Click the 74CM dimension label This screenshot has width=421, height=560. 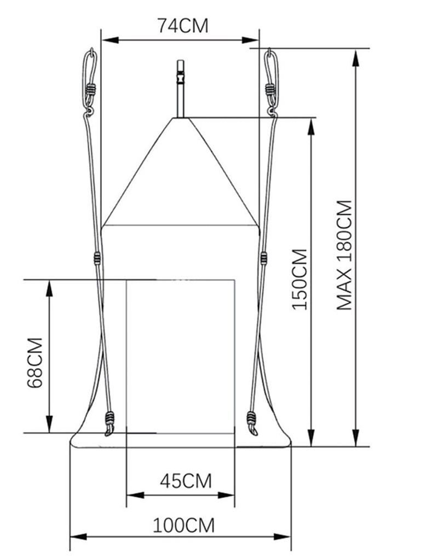tap(182, 26)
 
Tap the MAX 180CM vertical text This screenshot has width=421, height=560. tap(344, 255)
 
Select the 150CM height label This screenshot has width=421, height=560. tap(300, 279)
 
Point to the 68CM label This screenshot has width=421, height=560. tap(35, 363)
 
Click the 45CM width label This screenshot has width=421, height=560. tap(186, 481)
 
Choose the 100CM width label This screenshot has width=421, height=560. tap(183, 526)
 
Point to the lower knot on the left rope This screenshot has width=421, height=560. tap(109, 422)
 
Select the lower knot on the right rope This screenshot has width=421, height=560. tap(252, 421)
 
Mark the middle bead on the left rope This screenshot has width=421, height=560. tap(97, 258)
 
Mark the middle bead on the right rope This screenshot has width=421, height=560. tap(264, 257)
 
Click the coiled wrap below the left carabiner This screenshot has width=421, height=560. tap(90, 89)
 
